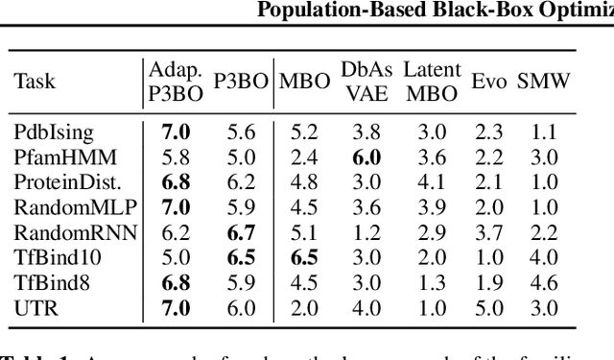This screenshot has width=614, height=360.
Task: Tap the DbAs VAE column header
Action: [x=361, y=82]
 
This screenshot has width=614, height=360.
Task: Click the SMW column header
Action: [x=544, y=82]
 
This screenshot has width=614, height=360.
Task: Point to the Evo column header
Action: [x=489, y=82]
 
